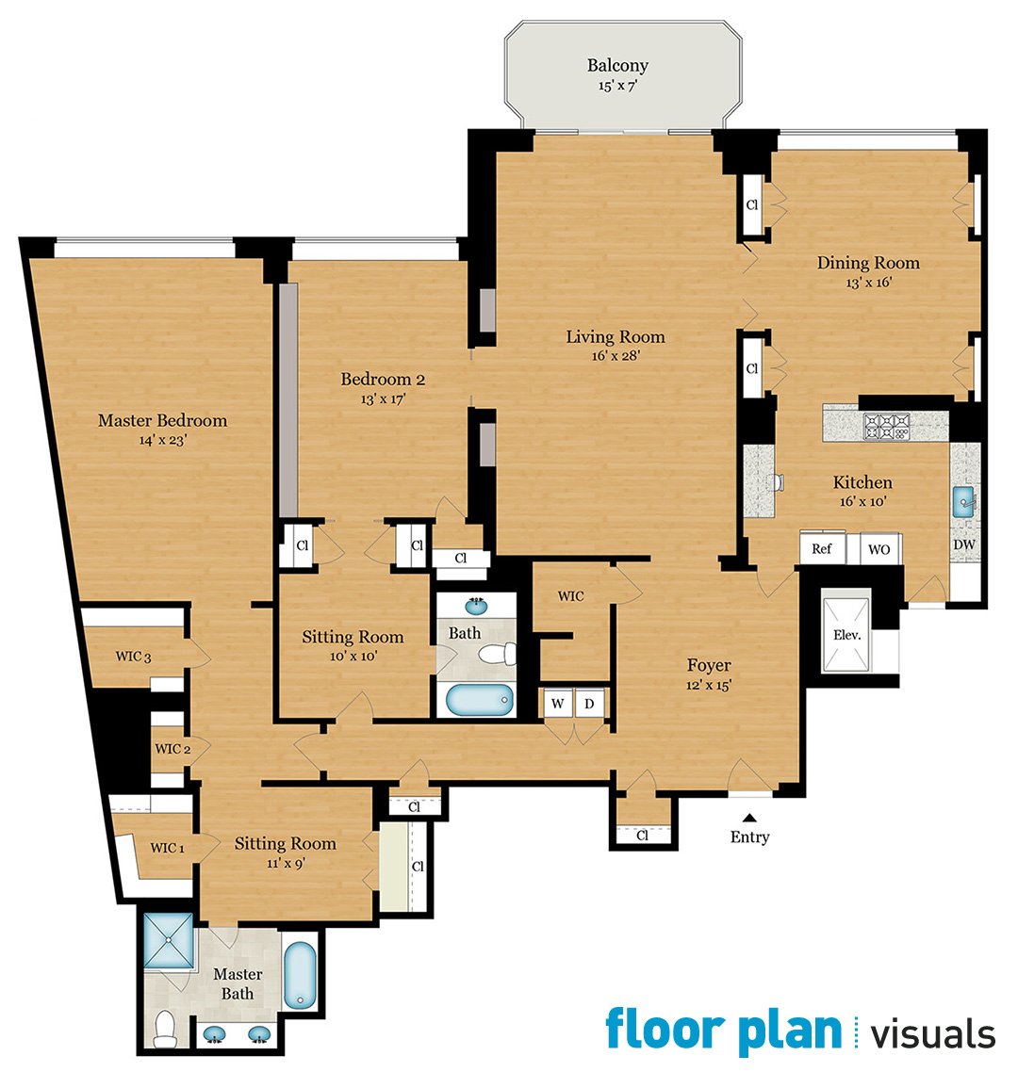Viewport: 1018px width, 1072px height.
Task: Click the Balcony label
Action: click(617, 66)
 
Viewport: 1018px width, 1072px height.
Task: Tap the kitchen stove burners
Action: click(887, 427)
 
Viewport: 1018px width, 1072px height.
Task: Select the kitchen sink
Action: click(964, 502)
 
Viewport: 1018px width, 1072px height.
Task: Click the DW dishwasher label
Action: click(964, 544)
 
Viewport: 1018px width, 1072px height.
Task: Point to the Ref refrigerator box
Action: click(822, 548)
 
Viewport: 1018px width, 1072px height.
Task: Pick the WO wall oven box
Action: click(879, 549)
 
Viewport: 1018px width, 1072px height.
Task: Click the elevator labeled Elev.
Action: click(847, 635)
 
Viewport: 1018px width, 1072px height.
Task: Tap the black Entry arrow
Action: click(750, 817)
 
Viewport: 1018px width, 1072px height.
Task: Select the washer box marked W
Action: click(558, 704)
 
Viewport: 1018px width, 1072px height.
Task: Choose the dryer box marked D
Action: click(590, 704)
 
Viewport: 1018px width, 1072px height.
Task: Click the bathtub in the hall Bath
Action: click(480, 699)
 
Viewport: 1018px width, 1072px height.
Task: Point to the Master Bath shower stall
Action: click(169, 940)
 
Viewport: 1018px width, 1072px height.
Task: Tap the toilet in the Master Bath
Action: click(166, 1029)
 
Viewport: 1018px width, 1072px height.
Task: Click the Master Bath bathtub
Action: click(300, 975)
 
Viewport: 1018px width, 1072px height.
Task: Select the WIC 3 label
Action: click(133, 657)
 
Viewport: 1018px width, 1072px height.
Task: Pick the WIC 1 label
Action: click(168, 848)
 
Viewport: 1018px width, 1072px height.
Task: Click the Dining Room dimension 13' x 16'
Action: click(869, 283)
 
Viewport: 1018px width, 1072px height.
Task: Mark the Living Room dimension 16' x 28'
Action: click(616, 355)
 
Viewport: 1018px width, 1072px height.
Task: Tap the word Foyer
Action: click(709, 665)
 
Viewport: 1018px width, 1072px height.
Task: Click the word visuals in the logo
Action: click(933, 1033)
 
